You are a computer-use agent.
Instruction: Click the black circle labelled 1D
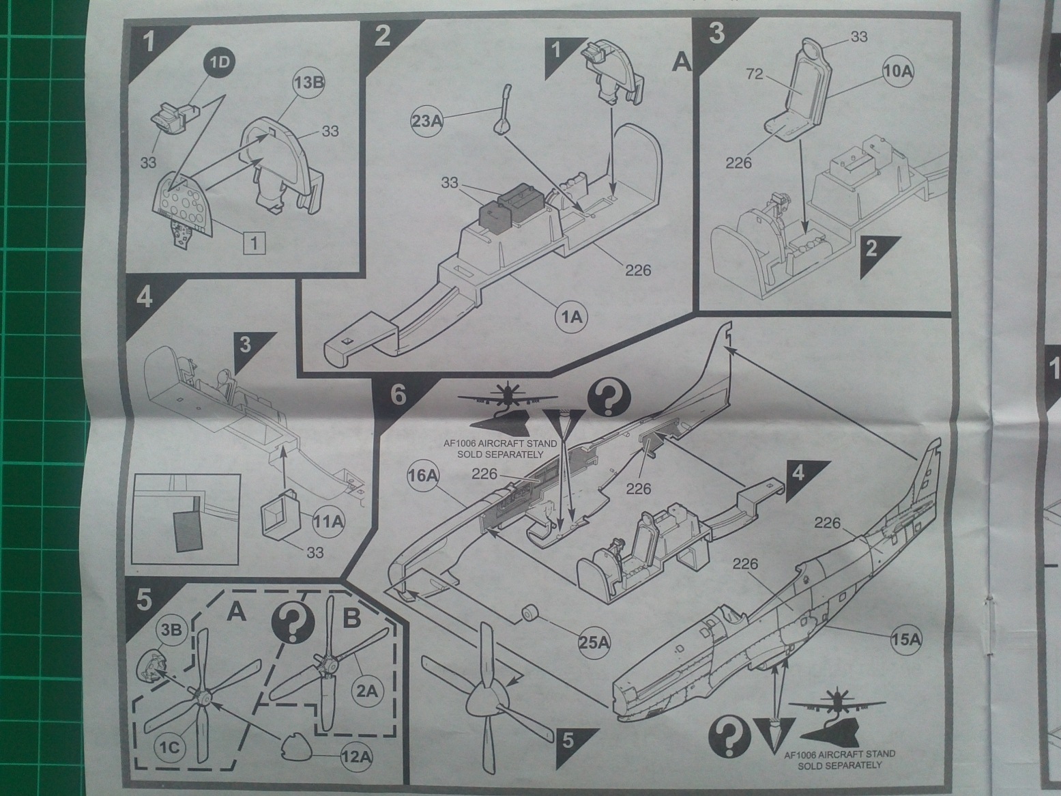220,62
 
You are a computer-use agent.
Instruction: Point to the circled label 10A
897,71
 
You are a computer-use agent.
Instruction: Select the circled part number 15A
906,639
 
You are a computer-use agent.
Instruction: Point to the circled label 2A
366,690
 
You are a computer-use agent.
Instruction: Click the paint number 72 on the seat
754,74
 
